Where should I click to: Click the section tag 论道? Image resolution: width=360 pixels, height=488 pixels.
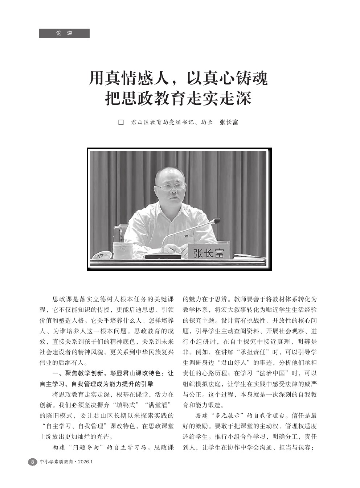click(x=64, y=33)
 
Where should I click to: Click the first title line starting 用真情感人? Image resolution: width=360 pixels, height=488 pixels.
click(x=178, y=78)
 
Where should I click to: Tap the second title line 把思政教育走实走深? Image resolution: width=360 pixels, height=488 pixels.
click(x=178, y=98)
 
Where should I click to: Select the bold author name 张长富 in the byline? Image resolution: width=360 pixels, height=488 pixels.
click(x=229, y=122)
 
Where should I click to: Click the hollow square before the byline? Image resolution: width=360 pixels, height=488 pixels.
click(x=121, y=122)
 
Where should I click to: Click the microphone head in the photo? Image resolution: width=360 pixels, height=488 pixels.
click(x=216, y=220)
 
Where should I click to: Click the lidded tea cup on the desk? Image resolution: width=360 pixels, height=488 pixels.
click(x=122, y=250)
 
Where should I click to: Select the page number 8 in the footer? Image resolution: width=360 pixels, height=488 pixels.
click(x=32, y=462)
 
